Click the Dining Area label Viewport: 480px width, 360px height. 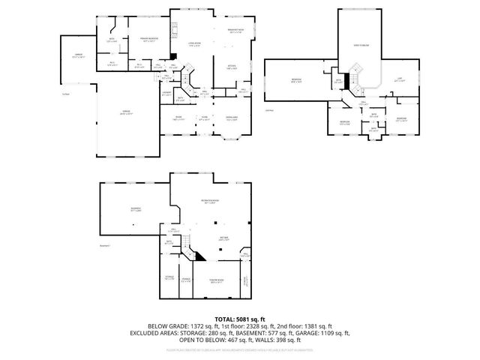[232, 118]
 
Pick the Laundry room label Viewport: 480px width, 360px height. [166, 94]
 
